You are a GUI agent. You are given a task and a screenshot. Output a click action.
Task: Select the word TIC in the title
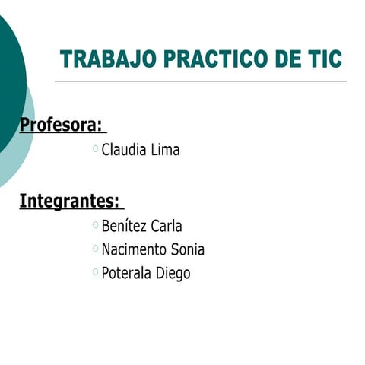click(322, 59)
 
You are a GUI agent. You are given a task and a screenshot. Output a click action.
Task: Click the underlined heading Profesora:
click(61, 124)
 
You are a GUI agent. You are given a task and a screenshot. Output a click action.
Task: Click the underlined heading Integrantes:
click(69, 202)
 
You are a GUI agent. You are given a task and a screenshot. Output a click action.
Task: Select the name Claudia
click(124, 150)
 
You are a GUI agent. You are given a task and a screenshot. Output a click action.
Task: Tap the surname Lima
click(165, 150)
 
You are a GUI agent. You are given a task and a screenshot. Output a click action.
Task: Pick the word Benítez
click(124, 226)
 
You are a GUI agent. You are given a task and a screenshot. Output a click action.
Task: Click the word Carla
click(167, 226)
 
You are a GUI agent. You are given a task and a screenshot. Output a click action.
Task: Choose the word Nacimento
click(134, 249)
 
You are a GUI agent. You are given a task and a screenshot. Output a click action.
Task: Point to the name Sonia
click(188, 249)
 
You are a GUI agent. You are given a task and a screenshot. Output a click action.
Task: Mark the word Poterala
click(127, 273)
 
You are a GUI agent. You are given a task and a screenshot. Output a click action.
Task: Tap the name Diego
click(173, 273)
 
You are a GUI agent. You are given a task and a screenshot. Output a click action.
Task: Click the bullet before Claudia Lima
click(95, 149)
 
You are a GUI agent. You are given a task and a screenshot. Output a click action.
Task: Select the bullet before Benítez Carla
click(95, 225)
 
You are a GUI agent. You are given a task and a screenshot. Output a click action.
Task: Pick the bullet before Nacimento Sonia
click(95, 249)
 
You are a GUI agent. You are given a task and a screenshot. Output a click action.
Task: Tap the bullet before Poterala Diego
click(95, 272)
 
